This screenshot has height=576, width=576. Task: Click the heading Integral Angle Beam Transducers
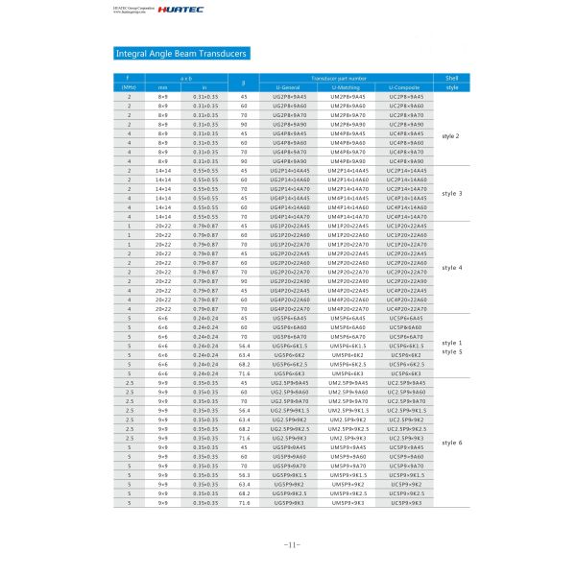click(180, 54)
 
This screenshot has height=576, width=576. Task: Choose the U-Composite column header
click(405, 87)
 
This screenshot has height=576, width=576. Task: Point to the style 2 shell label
click(451, 134)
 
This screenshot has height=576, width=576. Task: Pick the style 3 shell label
click(451, 193)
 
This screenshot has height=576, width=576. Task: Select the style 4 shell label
click(451, 266)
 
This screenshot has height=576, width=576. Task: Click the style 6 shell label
click(451, 442)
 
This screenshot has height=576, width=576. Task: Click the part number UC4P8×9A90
click(406, 161)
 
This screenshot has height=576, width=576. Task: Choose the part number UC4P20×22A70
click(406, 308)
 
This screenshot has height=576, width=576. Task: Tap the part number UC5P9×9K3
click(406, 502)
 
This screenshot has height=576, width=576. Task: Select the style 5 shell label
click(451, 351)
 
